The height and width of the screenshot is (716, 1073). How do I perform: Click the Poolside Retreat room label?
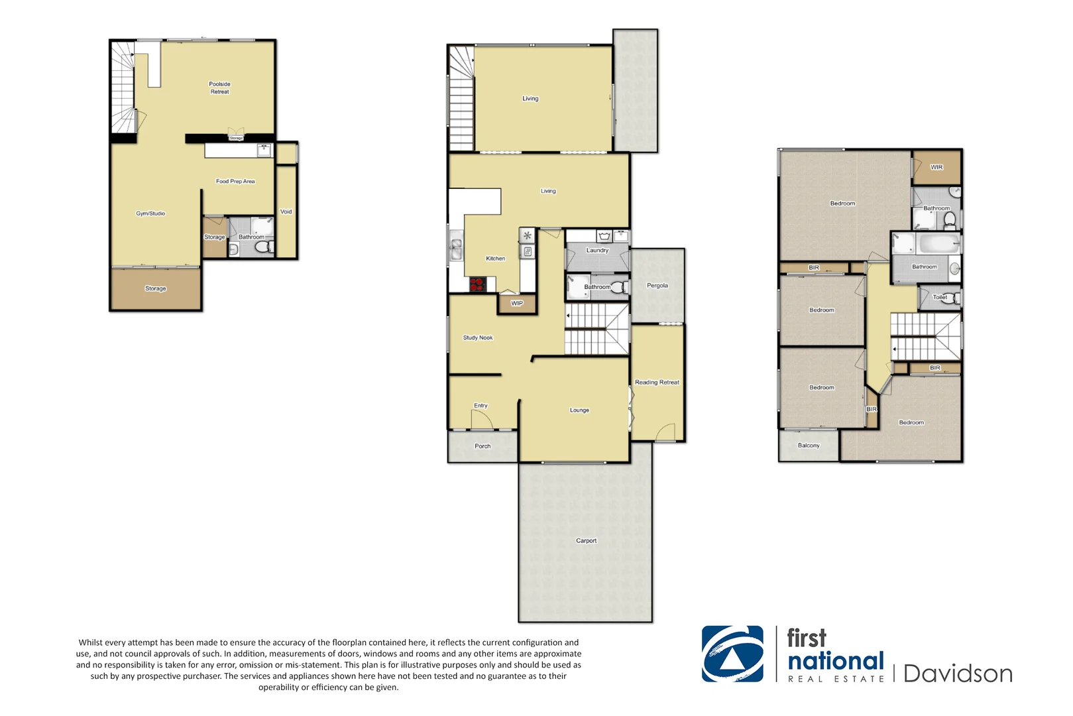(219, 88)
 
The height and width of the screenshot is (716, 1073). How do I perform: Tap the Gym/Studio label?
(150, 213)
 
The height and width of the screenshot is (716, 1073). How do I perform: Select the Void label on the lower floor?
(286, 212)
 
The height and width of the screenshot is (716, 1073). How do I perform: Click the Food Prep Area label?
(235, 181)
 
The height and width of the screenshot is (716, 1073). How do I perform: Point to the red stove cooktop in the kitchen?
(478, 285)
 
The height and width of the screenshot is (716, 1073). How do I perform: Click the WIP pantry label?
(517, 303)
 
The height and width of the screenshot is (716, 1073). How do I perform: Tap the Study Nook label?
(477, 337)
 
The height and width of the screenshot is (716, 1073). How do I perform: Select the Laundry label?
(597, 251)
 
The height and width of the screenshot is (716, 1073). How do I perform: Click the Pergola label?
(657, 286)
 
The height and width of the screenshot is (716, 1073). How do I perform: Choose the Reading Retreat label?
(657, 383)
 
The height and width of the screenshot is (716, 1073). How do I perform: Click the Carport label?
(586, 541)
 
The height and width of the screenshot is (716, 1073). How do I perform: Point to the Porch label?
(482, 446)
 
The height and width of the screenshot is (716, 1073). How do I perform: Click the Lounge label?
(579, 410)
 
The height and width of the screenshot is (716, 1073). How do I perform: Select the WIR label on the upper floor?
(936, 167)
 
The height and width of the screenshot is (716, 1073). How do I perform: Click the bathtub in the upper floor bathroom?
(938, 243)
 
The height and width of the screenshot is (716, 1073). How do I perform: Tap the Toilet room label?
(940, 297)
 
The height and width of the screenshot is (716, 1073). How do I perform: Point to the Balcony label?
(809, 446)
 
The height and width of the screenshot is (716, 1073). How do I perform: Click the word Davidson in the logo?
(958, 674)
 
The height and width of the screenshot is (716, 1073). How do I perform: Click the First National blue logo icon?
(732, 654)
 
